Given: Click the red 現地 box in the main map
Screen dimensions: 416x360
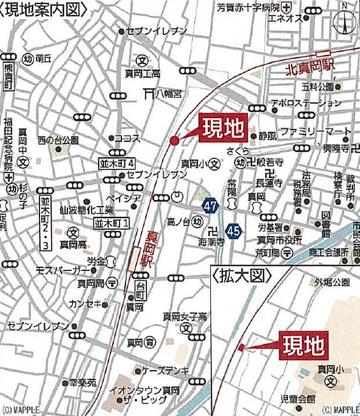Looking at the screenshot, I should [x=224, y=129].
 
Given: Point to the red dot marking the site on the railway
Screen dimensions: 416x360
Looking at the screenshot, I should [x=175, y=140].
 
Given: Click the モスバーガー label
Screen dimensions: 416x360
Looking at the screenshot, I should [x=63, y=271].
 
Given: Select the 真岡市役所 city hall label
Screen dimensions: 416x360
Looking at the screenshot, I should [x=282, y=240].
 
